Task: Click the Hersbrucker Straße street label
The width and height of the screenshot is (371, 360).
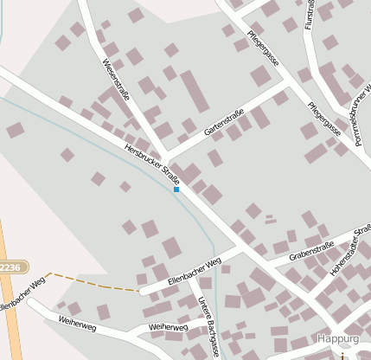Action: [152, 163]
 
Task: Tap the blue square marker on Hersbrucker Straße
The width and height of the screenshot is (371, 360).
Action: [176, 189]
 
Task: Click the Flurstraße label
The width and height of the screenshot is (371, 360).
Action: [310, 15]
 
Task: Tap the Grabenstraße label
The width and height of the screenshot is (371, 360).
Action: [312, 250]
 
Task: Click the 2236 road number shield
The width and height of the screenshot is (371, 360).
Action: [10, 268]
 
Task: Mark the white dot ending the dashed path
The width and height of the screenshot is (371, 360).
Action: [139, 292]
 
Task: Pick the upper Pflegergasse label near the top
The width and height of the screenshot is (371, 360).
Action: [262, 51]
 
